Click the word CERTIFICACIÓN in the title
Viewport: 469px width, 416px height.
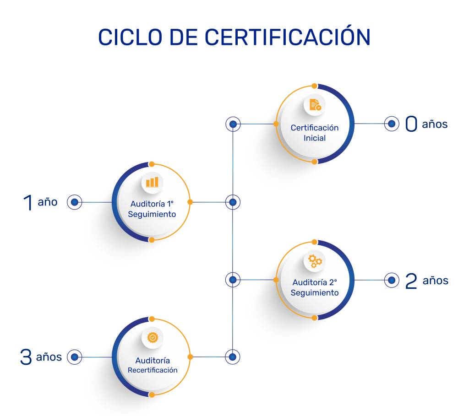[287, 37]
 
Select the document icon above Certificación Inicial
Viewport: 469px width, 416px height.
[315, 105]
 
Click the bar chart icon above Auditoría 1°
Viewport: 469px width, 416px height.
[152, 182]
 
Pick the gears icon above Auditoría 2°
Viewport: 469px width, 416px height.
[315, 261]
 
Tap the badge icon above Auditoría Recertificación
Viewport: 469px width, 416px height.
[152, 337]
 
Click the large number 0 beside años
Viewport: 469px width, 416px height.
[411, 124]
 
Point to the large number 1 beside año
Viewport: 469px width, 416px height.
[28, 202]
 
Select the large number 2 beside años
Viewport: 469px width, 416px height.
[411, 281]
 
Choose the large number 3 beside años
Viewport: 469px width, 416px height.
[26, 357]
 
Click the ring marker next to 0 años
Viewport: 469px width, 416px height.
[391, 124]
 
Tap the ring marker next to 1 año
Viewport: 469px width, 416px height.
[74, 202]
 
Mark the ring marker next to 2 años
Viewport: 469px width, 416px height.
[391, 280]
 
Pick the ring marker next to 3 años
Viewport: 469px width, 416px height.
[74, 357]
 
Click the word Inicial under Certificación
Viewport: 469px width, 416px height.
[315, 138]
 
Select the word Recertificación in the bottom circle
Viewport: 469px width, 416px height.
[153, 370]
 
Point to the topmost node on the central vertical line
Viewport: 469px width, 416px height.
[233, 124]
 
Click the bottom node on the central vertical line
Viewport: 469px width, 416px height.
[233, 357]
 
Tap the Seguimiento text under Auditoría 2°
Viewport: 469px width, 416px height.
[315, 292]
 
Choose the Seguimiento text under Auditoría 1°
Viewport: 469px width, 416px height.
[152, 214]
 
